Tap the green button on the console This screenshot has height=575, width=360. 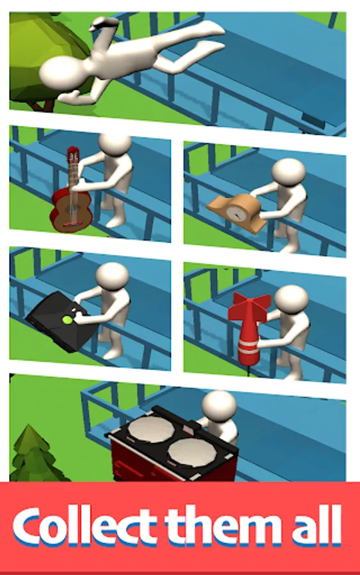[67, 320]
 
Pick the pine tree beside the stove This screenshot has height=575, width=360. [35, 455]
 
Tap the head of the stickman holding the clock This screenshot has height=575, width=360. [289, 172]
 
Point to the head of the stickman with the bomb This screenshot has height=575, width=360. [291, 299]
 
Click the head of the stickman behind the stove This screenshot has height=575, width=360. [219, 406]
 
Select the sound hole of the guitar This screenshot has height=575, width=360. [71, 209]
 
